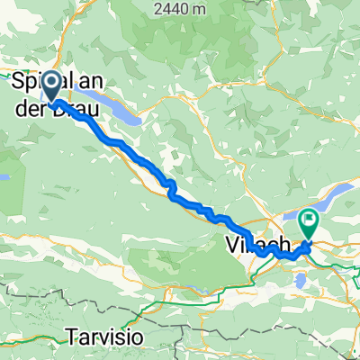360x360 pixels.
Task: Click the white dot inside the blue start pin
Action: click(x=51, y=85)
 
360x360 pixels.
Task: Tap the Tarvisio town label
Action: click(x=104, y=338)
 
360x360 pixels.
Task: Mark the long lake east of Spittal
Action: click(x=121, y=112)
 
